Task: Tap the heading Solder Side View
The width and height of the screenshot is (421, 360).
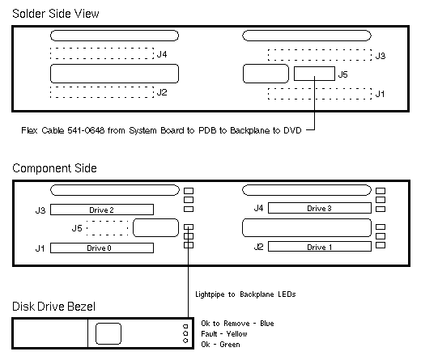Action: click(x=56, y=14)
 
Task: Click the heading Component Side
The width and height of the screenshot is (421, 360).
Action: click(x=54, y=168)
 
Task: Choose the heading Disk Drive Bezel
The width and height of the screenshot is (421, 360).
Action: click(x=53, y=307)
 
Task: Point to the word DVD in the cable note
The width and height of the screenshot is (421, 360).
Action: click(x=292, y=130)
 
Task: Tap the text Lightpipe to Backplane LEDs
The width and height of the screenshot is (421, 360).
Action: click(x=245, y=294)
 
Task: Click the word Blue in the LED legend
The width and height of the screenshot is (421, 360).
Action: click(x=267, y=324)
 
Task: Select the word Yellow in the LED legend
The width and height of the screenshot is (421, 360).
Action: click(x=236, y=334)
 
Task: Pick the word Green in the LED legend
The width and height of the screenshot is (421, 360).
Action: click(x=230, y=345)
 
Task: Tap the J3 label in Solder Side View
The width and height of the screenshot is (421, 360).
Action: click(x=381, y=56)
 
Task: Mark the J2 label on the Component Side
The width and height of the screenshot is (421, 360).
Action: click(x=258, y=247)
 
